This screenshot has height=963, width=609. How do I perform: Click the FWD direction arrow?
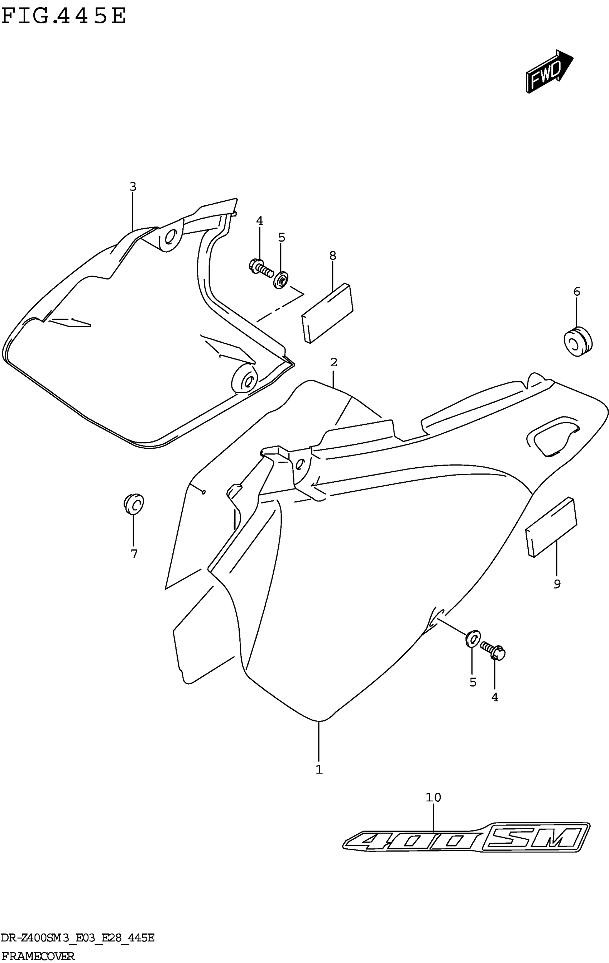pyautogui.click(x=548, y=72)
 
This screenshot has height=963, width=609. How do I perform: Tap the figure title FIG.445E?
pyautogui.click(x=64, y=17)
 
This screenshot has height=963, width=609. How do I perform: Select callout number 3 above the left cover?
pyautogui.click(x=133, y=187)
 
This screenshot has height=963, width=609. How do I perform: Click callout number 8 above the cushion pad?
pyautogui.click(x=333, y=256)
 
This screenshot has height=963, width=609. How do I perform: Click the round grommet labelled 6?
pyautogui.click(x=577, y=342)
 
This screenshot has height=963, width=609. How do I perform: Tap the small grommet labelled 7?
pyautogui.click(x=134, y=504)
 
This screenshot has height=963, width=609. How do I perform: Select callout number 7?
pyautogui.click(x=134, y=554)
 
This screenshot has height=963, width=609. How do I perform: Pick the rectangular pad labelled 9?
pyautogui.click(x=551, y=527)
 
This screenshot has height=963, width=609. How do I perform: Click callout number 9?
pyautogui.click(x=557, y=584)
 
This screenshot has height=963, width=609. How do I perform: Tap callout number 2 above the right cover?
pyautogui.click(x=334, y=363)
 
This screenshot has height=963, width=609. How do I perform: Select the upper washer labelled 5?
pyautogui.click(x=282, y=280)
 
